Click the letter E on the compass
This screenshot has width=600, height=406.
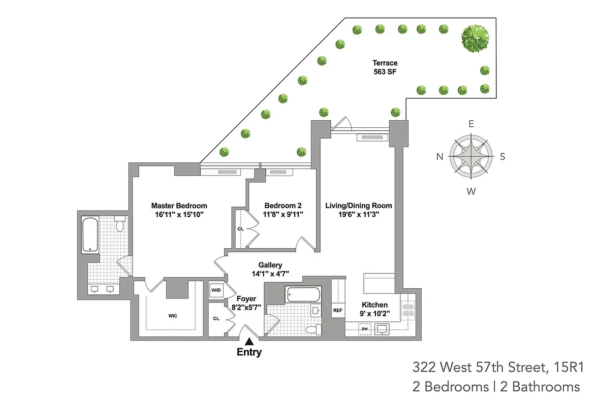pos(471,124)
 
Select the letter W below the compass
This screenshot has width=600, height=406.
pos(471,191)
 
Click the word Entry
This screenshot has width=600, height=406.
pos(249,352)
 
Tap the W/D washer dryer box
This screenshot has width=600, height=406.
pos(216,290)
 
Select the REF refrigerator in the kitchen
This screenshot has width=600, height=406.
pos(337,310)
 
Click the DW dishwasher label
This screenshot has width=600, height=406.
pos(364,329)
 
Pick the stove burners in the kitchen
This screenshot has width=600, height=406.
pos(407,310)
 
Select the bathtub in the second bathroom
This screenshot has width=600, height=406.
pos(303,294)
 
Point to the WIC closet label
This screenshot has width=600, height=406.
pos(173,316)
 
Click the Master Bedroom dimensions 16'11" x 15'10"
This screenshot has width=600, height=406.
pos(179,214)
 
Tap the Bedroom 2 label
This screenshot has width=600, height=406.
pos(283,206)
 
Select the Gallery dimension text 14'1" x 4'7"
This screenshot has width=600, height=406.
pos(270,273)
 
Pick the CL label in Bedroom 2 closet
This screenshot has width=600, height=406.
pos(240,229)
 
